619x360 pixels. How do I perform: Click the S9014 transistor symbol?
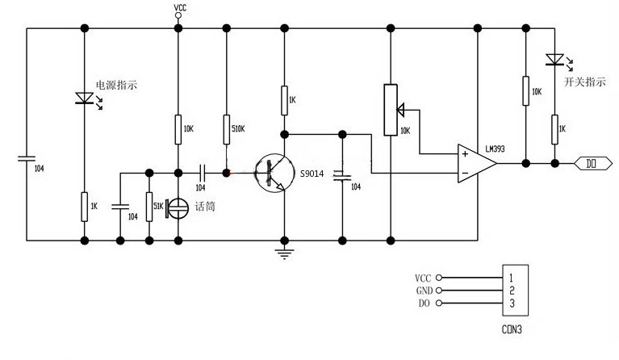[274, 173]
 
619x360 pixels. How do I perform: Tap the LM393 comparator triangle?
[476, 163]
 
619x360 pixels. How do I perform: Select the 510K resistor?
[226, 129]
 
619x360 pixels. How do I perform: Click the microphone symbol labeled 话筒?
[177, 207]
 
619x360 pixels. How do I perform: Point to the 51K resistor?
[149, 207]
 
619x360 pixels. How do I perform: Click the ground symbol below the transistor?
[284, 253]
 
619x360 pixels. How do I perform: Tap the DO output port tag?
[593, 163]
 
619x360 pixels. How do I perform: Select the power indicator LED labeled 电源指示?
[85, 98]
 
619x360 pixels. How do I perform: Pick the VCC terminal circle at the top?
[178, 15]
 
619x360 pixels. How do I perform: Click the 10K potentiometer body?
[391, 110]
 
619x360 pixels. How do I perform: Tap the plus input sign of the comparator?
[465, 153]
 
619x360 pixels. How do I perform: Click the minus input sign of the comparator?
[465, 173]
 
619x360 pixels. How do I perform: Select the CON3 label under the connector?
[512, 329]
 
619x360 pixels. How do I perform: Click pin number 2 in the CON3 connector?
[512, 291]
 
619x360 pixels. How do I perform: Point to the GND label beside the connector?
[425, 291]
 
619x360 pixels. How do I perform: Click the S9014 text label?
[312, 174]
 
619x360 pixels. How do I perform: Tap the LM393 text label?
[495, 149]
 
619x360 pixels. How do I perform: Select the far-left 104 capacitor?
[27, 158]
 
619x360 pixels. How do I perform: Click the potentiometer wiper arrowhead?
[400, 110]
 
